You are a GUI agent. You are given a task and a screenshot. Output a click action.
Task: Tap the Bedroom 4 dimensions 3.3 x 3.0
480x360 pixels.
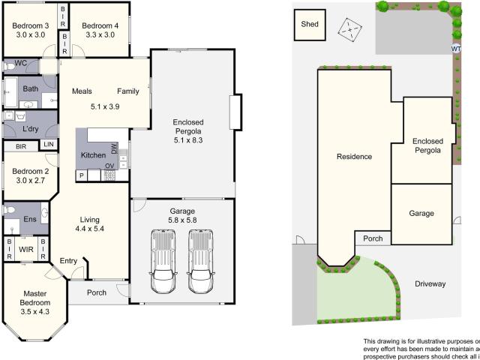[x=100, y=34]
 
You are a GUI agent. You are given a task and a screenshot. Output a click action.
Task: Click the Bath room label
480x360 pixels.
[x=31, y=88]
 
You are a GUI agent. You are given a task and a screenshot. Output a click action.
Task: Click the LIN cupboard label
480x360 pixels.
[x=49, y=144]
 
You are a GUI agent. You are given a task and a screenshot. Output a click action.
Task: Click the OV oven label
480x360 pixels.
[x=109, y=166]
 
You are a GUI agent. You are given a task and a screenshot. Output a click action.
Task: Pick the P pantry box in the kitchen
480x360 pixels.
[x=80, y=175]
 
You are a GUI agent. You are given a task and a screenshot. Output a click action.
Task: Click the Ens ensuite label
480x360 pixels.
[x=29, y=219]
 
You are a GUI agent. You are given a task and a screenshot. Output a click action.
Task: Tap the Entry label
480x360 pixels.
[x=68, y=260]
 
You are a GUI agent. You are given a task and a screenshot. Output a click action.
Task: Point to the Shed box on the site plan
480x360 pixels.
[x=310, y=24]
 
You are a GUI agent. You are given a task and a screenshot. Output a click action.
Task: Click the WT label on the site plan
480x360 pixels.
[x=456, y=49]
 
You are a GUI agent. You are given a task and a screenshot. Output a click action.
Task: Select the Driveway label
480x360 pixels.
[x=430, y=284]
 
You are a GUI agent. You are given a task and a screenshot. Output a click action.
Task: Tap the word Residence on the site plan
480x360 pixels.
[x=353, y=157]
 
